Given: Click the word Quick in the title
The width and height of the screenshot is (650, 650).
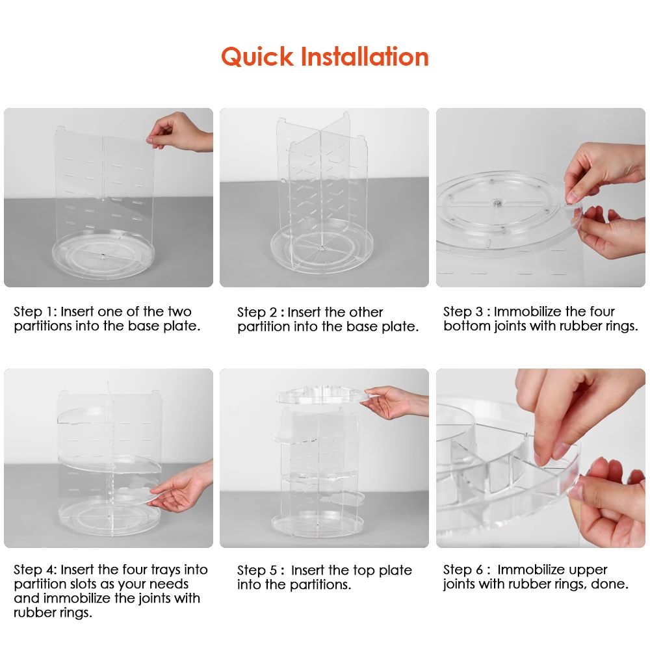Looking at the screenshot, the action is (257, 57).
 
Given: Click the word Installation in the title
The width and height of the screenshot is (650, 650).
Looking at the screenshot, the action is (365, 56).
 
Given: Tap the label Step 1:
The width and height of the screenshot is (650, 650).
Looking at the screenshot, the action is (35, 311).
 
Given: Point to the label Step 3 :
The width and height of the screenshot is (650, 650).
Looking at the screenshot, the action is (466, 311).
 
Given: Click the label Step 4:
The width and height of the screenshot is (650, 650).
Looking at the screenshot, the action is (35, 569).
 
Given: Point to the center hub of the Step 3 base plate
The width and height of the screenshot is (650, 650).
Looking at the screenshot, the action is (496, 203).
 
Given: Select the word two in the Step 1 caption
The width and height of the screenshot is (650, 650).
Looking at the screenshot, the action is (179, 312).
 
